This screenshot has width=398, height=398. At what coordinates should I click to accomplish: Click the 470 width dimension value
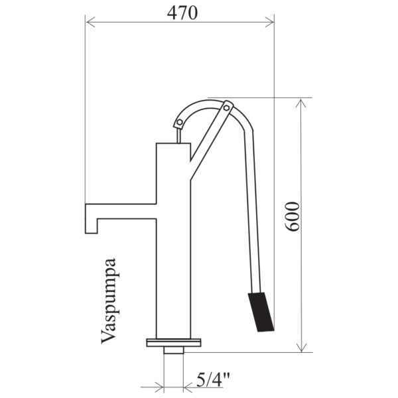[x=182, y=13]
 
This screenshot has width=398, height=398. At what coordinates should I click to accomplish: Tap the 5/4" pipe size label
[x=213, y=379]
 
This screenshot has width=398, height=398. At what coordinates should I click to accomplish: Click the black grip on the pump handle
[x=261, y=312]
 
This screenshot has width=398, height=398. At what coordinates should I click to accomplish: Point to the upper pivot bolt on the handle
[x=226, y=108]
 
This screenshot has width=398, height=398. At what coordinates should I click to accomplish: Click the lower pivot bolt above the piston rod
[x=180, y=122]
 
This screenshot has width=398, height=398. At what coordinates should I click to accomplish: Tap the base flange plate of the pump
[x=174, y=343]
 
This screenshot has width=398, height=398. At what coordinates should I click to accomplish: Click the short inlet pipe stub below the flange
[x=174, y=350]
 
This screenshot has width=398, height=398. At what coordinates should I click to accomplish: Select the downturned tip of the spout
[x=92, y=226]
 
